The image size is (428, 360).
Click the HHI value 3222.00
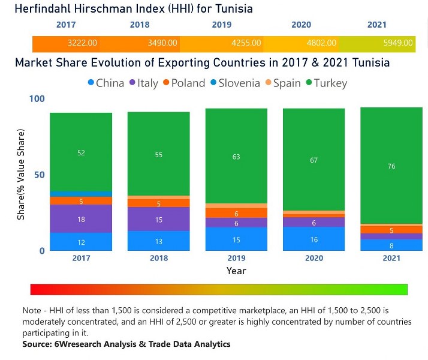click(x=83, y=43)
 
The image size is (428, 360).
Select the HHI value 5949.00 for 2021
click(x=399, y=43)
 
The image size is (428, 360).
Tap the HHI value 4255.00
click(x=247, y=43)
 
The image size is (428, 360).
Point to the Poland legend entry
click(x=183, y=83)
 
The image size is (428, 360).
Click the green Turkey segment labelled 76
click(x=391, y=166)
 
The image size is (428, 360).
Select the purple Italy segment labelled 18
click(x=81, y=219)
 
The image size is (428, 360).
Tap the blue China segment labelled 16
click(x=314, y=239)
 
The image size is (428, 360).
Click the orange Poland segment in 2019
click(x=236, y=213)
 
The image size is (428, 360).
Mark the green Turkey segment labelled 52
click(x=81, y=152)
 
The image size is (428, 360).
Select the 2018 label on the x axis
click(x=158, y=258)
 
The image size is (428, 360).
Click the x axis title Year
click(x=236, y=271)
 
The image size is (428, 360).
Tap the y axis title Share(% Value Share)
click(x=21, y=174)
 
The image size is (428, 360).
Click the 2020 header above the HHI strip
click(x=301, y=25)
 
